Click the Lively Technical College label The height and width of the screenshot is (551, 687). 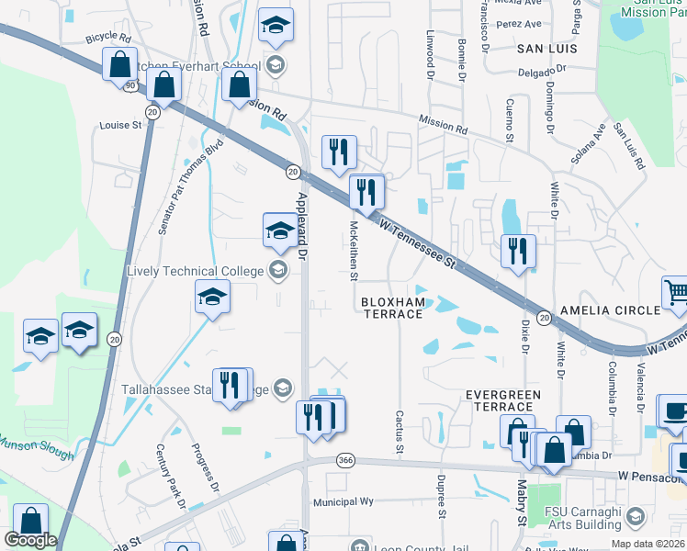pos(195,271)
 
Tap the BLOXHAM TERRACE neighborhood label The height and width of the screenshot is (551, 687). pos(392,308)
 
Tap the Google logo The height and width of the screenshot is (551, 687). pos(29,540)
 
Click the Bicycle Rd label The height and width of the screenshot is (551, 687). pos(108,39)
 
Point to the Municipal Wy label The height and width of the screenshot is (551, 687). pos(343,501)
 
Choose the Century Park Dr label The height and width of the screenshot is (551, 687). pos(171,477)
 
